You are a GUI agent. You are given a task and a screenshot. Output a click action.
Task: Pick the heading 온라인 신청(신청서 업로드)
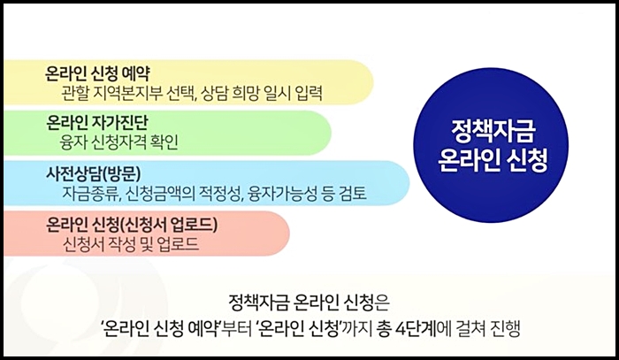pos(132,223)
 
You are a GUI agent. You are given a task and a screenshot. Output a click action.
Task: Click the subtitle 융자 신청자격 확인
pos(119,142)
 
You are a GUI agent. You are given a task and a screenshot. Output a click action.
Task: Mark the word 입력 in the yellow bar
pos(306,90)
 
